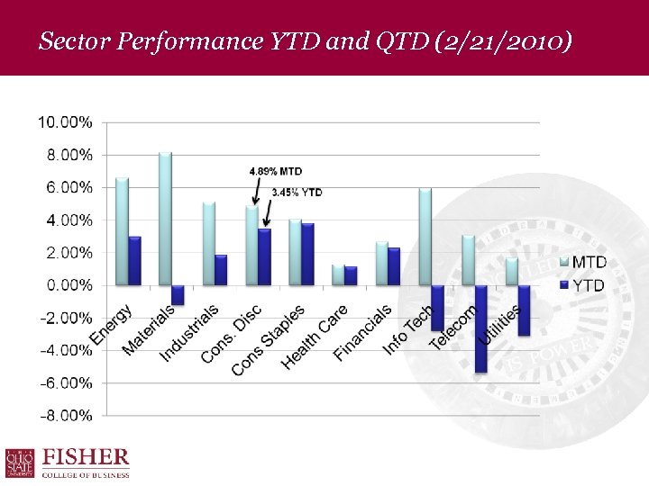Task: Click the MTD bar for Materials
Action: [x=165, y=219]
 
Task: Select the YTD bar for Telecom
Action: [x=480, y=328]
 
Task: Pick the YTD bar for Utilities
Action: [x=524, y=310]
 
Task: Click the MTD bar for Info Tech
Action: [x=425, y=237]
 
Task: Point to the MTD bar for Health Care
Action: [x=338, y=275]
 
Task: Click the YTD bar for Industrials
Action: [x=221, y=270]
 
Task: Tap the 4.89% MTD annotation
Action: [x=275, y=170]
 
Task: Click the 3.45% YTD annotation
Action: [x=297, y=192]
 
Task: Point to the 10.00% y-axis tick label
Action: [x=64, y=121]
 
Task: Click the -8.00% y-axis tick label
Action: [x=64, y=416]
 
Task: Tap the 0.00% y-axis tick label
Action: [x=64, y=285]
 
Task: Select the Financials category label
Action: [x=363, y=333]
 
